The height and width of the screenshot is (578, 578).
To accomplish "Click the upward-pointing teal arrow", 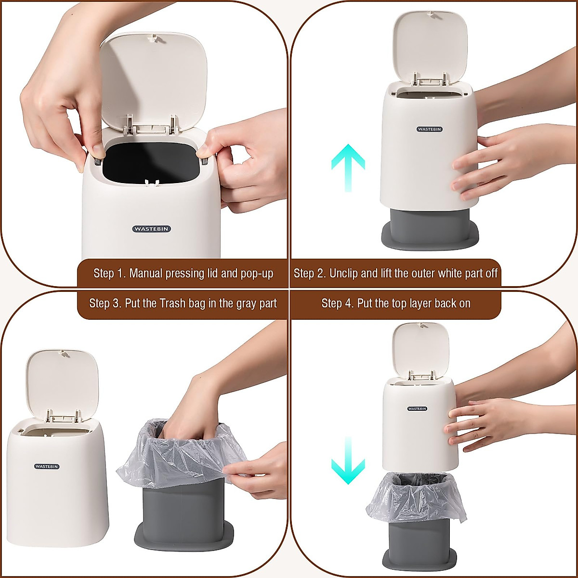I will (x=348, y=167).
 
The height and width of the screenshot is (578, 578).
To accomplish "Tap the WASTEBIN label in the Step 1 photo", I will (x=152, y=229).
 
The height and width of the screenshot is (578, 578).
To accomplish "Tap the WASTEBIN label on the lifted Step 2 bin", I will (x=429, y=129).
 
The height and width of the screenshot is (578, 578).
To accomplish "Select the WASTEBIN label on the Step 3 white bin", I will (x=47, y=466).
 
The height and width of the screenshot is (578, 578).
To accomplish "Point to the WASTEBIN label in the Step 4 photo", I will (x=417, y=408).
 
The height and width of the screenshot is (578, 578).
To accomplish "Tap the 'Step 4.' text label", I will (x=337, y=303).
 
